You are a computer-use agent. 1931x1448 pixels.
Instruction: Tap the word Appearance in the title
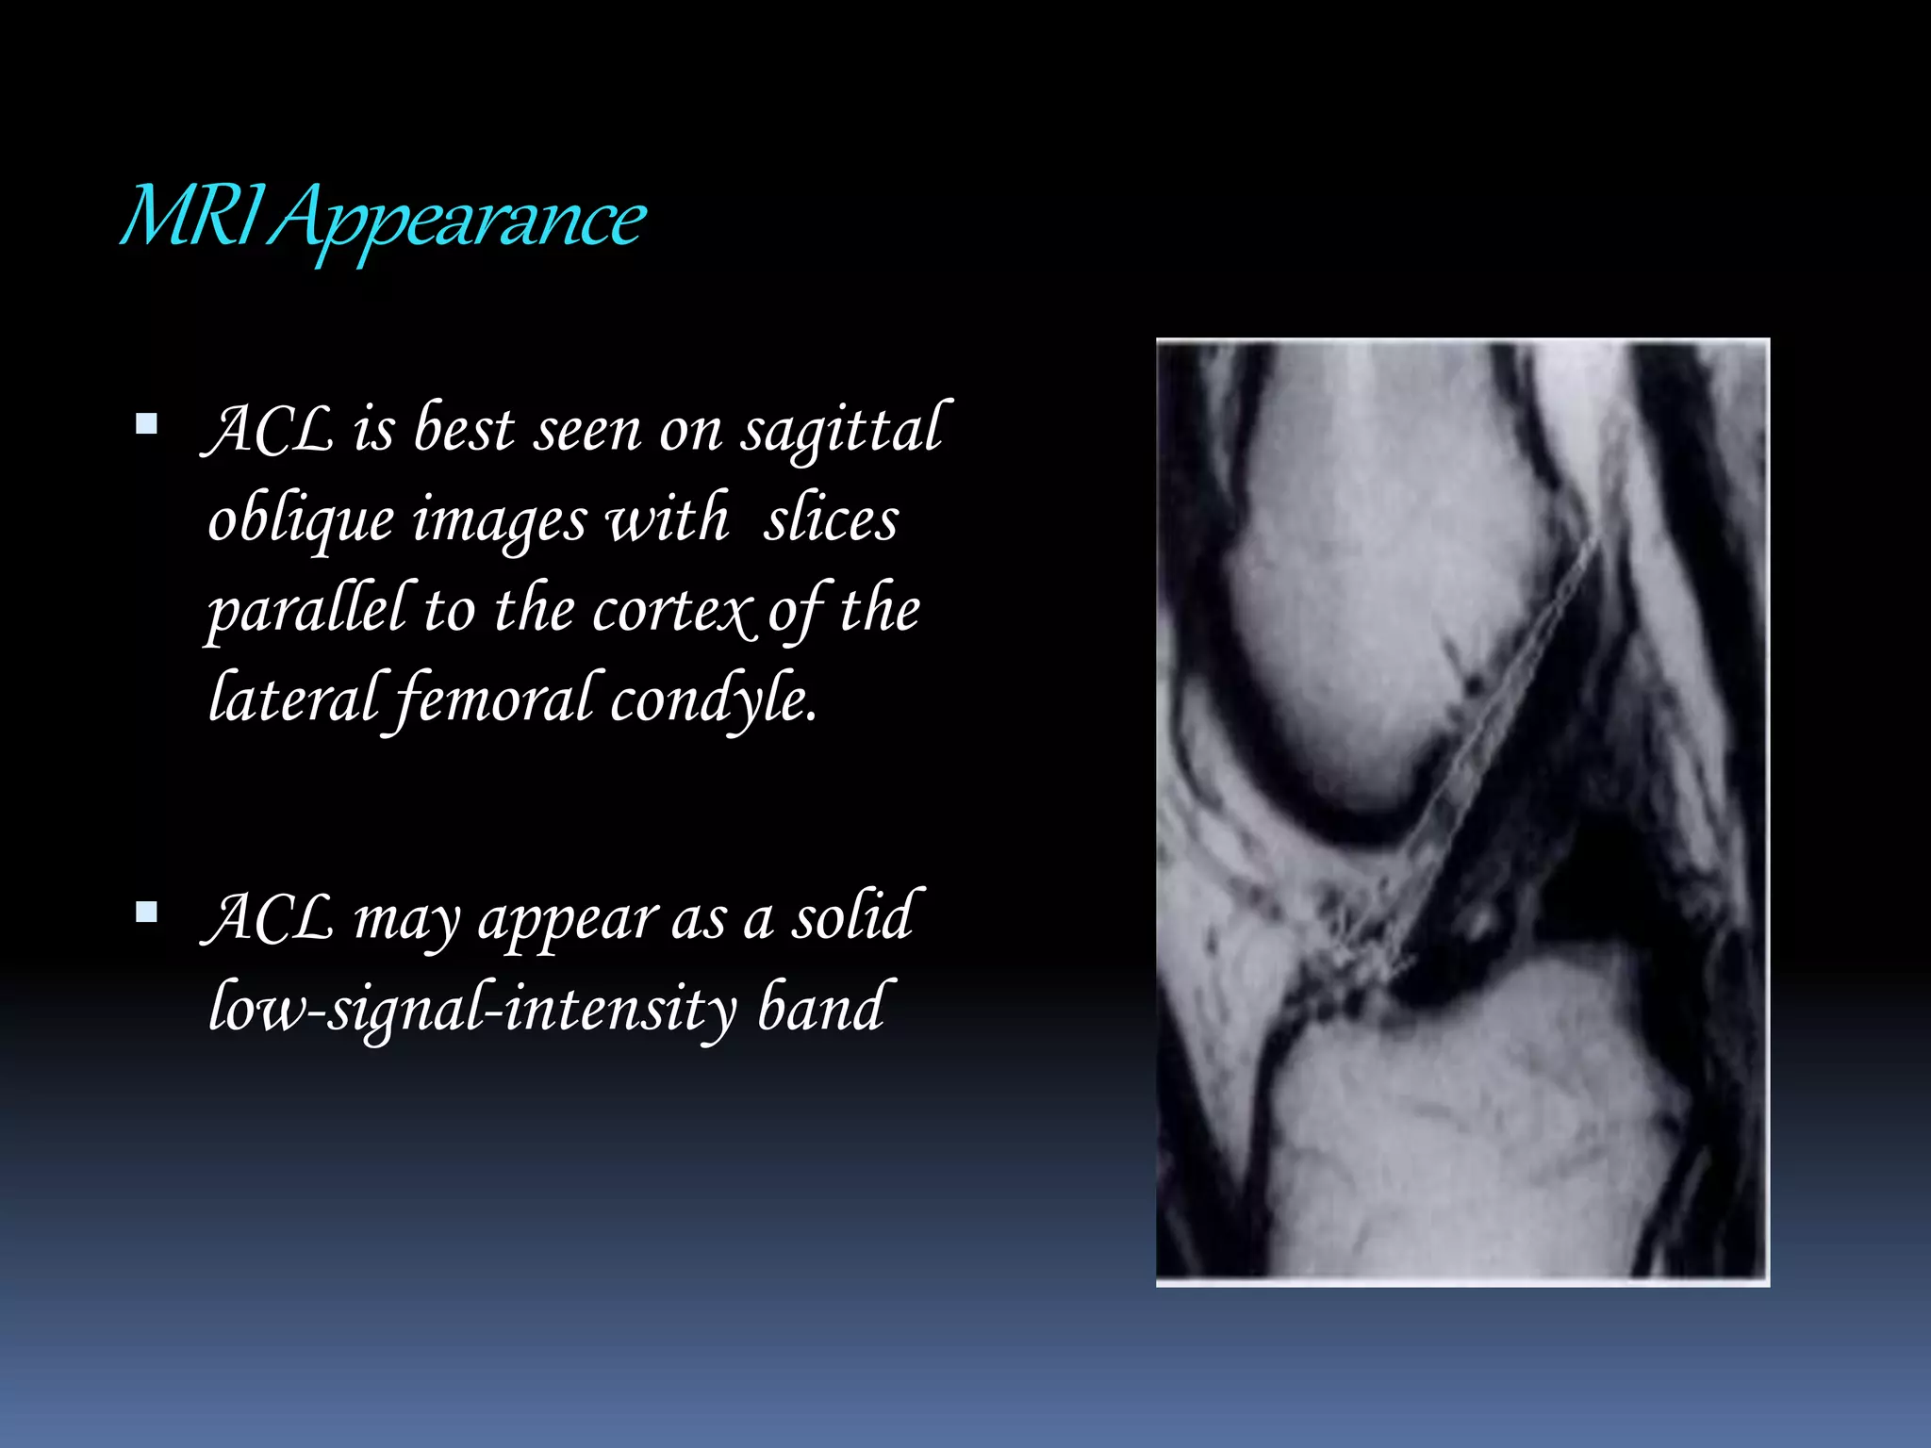pos(458,221)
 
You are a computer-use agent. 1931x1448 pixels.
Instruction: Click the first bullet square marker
pos(146,423)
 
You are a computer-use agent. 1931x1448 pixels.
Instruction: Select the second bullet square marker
pos(146,912)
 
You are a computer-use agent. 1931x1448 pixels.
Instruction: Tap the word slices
pos(831,519)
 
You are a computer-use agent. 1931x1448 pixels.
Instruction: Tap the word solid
pos(852,916)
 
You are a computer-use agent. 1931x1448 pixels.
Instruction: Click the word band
pos(822,1007)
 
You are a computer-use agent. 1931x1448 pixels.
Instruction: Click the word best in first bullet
pos(464,430)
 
